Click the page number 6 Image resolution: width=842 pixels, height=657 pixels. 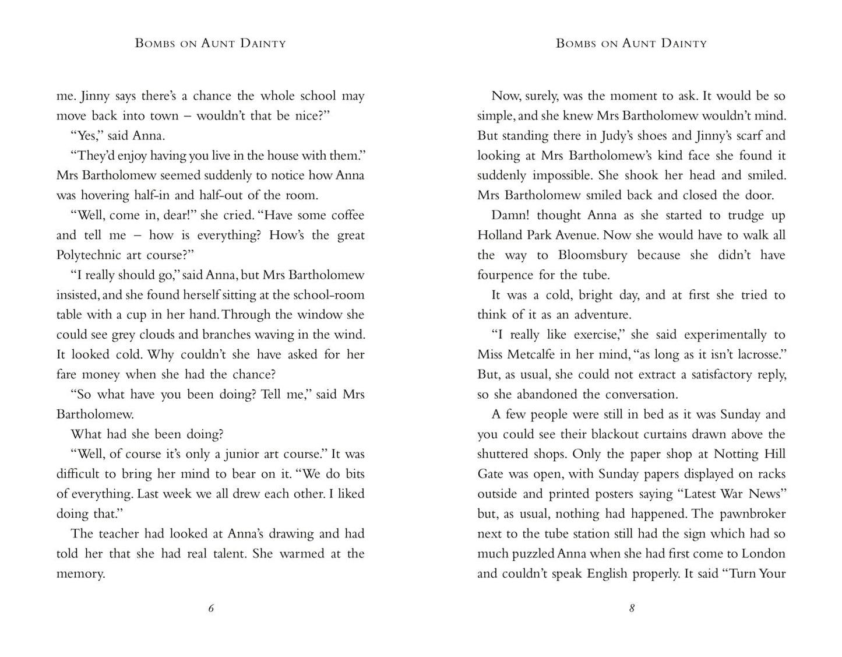pos(211,609)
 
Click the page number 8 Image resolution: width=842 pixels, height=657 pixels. pos(632,609)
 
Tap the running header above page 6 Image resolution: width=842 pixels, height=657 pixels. pos(210,43)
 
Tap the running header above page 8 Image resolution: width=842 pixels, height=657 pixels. pos(631,43)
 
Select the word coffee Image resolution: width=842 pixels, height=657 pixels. pos(347,216)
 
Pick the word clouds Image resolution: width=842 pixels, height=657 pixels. pos(158,335)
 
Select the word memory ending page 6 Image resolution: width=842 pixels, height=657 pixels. pos(80,574)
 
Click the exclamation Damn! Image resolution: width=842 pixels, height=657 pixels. pos(510,216)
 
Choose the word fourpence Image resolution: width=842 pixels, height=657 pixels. pos(505,275)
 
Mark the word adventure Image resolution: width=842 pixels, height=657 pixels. pos(602,315)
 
